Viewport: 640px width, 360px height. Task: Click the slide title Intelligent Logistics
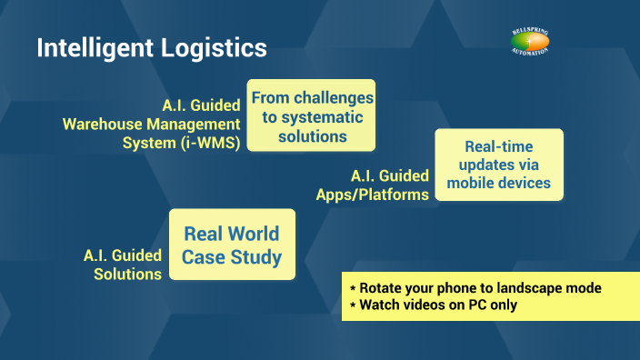tap(152, 47)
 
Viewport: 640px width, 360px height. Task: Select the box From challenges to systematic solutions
tap(312, 116)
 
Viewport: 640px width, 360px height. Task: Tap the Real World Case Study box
tap(232, 245)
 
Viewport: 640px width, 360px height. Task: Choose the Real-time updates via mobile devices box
tap(499, 165)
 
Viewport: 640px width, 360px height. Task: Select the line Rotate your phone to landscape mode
tap(475, 287)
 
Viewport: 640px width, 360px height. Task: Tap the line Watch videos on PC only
tap(433, 305)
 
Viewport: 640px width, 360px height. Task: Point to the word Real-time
tap(498, 146)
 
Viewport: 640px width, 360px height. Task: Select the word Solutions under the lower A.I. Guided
tap(127, 274)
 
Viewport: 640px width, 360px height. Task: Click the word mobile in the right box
tap(472, 183)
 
